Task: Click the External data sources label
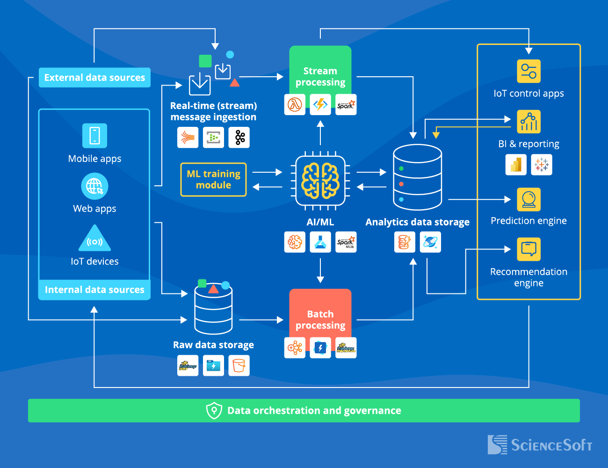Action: [94, 78]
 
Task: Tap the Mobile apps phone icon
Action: [94, 136]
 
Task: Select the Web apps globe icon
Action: [94, 186]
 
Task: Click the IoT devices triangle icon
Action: [94, 239]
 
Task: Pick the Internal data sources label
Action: [94, 290]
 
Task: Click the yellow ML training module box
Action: [213, 179]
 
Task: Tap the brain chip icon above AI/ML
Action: [320, 180]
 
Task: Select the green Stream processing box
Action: [320, 70]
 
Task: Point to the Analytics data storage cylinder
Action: [417, 177]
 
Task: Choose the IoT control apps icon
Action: [528, 72]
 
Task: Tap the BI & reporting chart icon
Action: [528, 122]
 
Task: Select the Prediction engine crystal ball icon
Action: [528, 200]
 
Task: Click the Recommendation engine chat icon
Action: [528, 249]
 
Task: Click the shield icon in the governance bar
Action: [214, 410]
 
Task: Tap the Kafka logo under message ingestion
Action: [239, 138]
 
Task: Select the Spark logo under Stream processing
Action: [346, 104]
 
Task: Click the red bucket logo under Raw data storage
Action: [239, 366]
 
